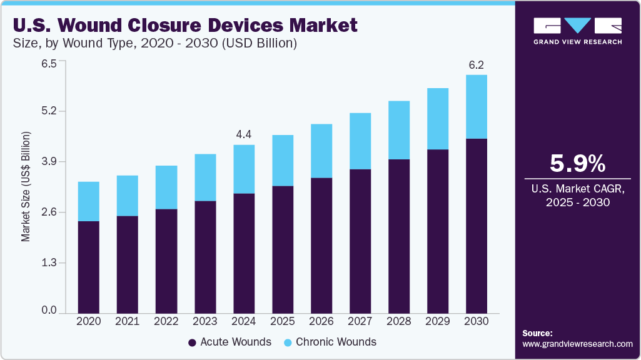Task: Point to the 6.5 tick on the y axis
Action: coord(49,63)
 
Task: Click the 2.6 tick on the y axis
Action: coord(49,212)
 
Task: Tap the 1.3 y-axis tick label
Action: coord(49,263)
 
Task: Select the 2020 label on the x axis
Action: coord(88,321)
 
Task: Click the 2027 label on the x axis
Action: coord(360,321)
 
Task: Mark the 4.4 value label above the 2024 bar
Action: coord(243,134)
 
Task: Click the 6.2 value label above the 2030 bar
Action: coord(477,65)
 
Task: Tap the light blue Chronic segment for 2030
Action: coord(477,107)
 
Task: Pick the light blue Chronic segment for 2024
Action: coord(243,169)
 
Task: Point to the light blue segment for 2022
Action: coord(166,187)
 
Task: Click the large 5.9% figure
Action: coord(577,164)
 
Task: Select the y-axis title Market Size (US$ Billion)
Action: coord(26,187)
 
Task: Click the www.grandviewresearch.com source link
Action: coord(577,344)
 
